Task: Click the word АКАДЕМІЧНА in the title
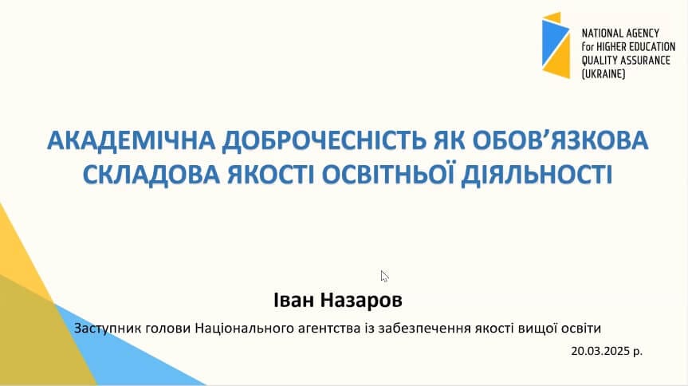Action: point(131,140)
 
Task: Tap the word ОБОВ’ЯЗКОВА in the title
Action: point(560,140)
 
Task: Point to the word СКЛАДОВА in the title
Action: point(151,174)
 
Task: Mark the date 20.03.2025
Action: point(600,352)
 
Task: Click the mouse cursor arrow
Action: point(384,276)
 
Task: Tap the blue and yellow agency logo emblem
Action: point(556,45)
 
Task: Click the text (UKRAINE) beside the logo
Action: point(603,74)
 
